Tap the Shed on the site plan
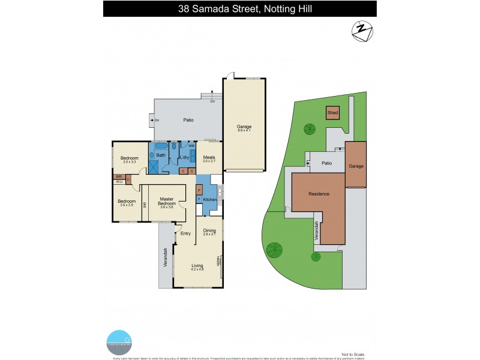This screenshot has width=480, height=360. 332,113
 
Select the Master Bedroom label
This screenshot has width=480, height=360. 167,202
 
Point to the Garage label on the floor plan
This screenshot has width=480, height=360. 244,127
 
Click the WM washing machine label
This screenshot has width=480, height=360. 191,146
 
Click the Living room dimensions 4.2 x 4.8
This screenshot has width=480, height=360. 197,269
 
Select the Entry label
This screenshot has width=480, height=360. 185,233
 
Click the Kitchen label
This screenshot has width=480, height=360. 209,199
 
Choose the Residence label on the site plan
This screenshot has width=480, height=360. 319,194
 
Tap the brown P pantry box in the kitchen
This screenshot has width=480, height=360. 199,190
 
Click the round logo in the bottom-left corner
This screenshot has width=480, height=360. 118,340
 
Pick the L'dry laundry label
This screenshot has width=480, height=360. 185,158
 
